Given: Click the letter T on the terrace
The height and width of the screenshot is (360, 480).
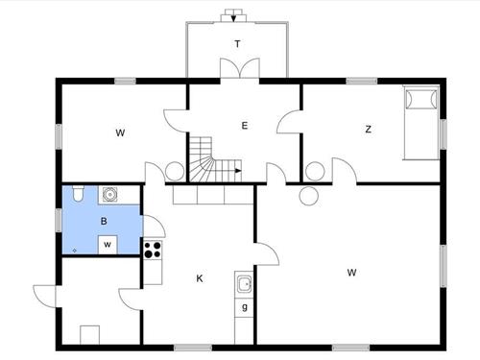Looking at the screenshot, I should (x=237, y=44).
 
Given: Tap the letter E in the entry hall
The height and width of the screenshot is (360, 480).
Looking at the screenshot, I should (x=245, y=126).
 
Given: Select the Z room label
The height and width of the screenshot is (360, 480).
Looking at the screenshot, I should (x=368, y=130).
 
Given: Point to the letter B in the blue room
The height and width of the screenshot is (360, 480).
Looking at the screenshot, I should (x=104, y=221).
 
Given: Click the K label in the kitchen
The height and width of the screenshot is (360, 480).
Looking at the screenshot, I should (x=200, y=278).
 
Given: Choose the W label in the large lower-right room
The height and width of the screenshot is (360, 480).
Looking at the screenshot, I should (x=352, y=273).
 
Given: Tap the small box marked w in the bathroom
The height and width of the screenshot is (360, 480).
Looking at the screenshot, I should (x=108, y=244).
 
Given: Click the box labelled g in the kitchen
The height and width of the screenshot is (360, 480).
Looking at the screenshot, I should (x=245, y=307).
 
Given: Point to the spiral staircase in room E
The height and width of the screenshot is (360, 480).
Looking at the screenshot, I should (x=204, y=159).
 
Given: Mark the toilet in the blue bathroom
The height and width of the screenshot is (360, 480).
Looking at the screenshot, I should (x=78, y=195).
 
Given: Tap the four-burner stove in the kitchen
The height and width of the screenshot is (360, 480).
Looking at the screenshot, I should (x=152, y=249).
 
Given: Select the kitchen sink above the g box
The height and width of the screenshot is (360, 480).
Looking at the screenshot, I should (x=245, y=284).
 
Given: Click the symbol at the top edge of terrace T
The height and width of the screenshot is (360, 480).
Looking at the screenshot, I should (x=233, y=15).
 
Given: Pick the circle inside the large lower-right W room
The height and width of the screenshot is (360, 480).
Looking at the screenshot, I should (x=308, y=196).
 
